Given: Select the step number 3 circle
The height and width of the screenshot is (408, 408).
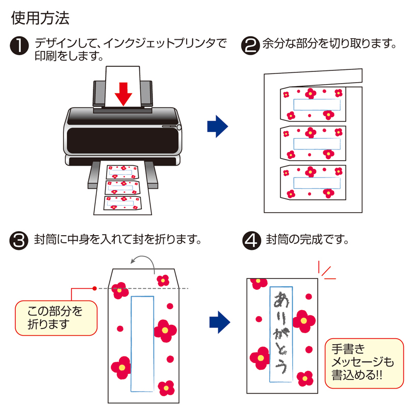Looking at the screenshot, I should tap(19, 240).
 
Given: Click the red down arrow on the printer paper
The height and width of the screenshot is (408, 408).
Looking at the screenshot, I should tap(123, 94).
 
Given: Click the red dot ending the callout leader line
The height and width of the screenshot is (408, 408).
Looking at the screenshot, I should tap(95, 289).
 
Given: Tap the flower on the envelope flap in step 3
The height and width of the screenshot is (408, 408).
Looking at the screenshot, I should tap(163, 279).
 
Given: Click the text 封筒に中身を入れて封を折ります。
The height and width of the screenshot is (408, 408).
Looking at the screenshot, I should tap(118, 239).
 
